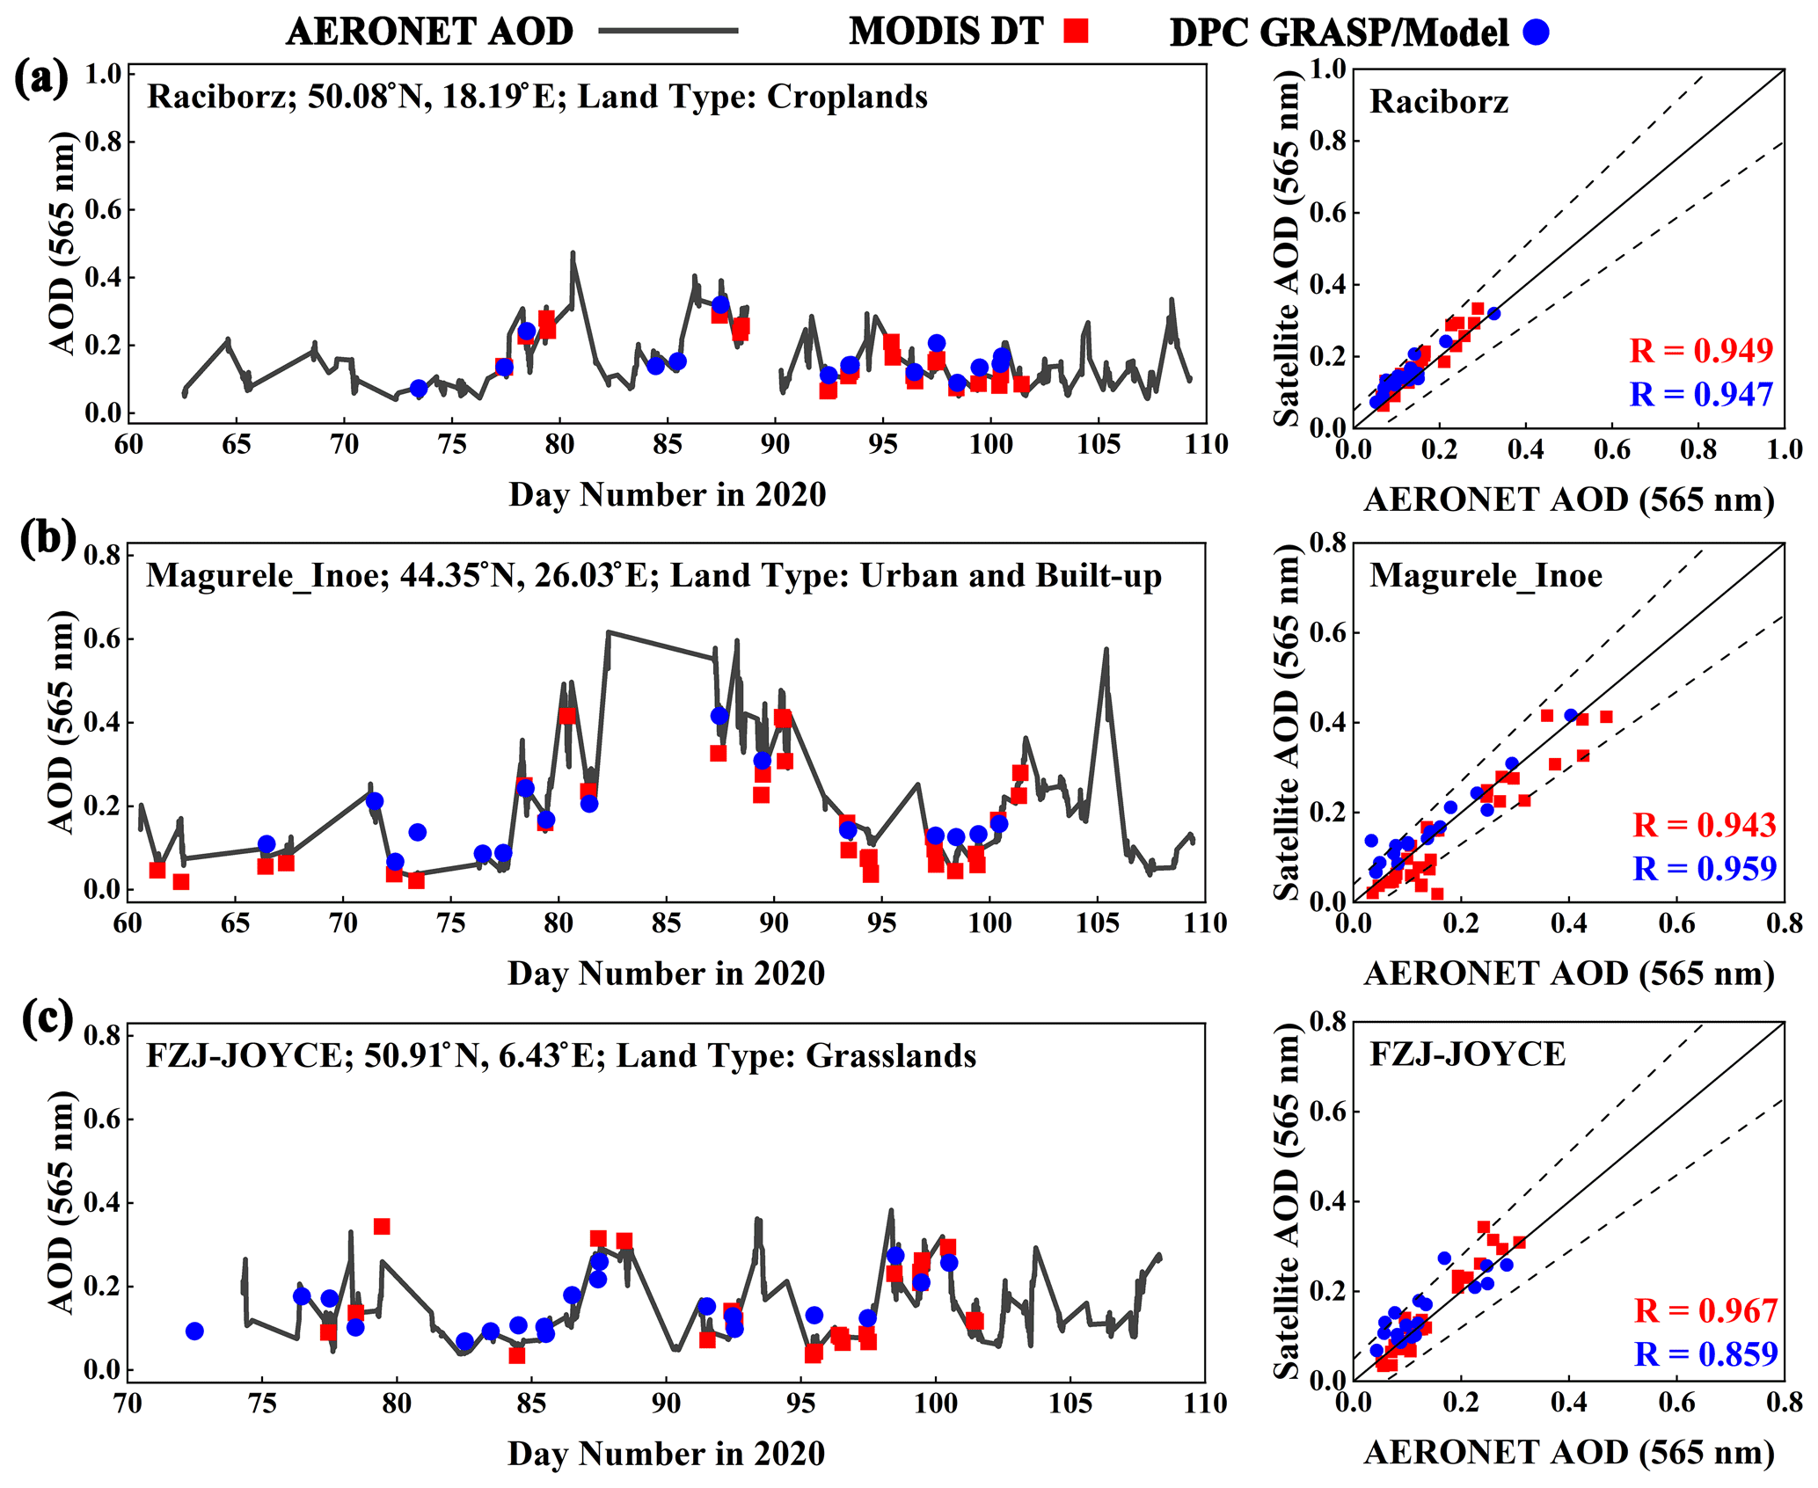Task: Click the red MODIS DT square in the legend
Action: [1075, 32]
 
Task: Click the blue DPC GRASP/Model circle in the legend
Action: [1537, 33]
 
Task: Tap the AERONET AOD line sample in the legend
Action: [668, 31]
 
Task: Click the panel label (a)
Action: [41, 80]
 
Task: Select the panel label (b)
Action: [48, 539]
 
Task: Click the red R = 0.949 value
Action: [1701, 351]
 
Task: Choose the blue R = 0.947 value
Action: [1701, 395]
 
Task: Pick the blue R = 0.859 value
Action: [1705, 1353]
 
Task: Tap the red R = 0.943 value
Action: [1705, 825]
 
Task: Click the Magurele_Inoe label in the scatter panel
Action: [1486, 576]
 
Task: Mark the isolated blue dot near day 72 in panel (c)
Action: [194, 1331]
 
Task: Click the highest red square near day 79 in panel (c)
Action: [382, 1227]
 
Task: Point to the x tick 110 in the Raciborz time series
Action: [1206, 444]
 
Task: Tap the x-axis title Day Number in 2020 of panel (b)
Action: [667, 974]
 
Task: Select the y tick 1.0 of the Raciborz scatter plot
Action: [1328, 69]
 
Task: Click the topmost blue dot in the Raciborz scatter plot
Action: [1493, 314]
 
